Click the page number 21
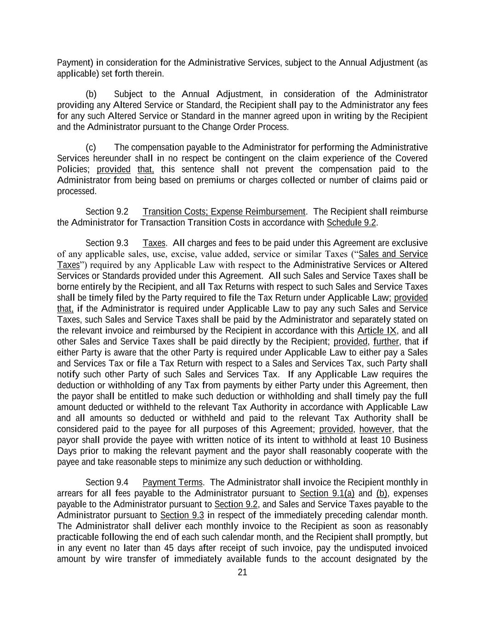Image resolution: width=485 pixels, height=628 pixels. click(x=242, y=572)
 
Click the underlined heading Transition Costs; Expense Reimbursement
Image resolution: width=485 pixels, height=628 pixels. click(x=224, y=212)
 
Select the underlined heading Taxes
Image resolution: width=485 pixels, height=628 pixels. click(x=154, y=243)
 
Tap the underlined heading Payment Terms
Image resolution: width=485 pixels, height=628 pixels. click(x=172, y=482)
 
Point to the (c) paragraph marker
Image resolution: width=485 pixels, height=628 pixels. click(x=91, y=147)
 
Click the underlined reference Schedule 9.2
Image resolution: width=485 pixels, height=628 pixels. click(x=352, y=223)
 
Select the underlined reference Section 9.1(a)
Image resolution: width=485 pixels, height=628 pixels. click(x=327, y=493)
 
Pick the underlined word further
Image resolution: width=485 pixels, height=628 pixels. click(x=386, y=341)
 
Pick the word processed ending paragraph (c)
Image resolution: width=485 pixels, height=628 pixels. click(x=76, y=191)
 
